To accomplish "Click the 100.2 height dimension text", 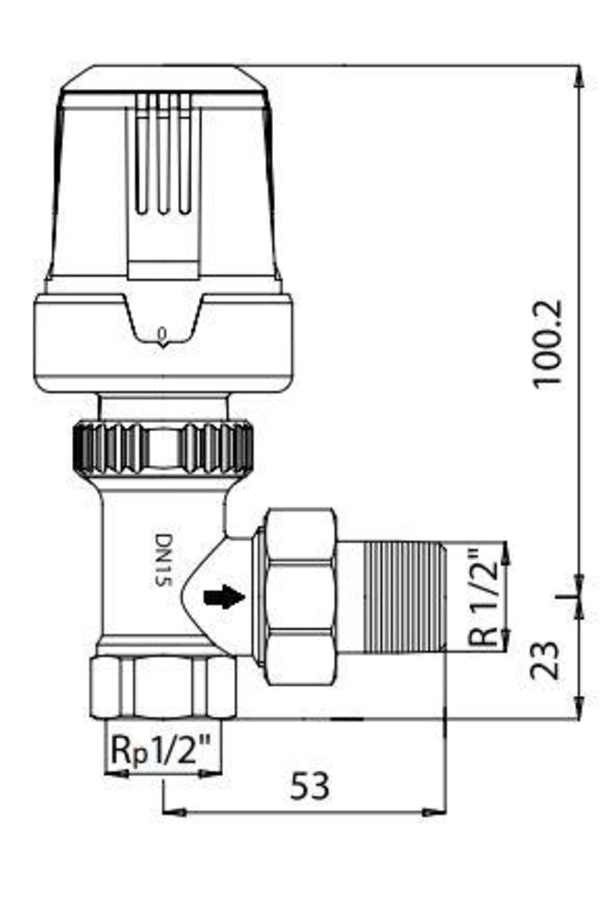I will coord(548,343).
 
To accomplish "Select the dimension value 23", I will coord(546,660).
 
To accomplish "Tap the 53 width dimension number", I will coord(310,786).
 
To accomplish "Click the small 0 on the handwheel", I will coord(162,334).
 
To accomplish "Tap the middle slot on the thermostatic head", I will coord(163,152).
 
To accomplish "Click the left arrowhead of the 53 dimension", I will coord(173,812).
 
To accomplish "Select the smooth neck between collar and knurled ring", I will coord(163,406).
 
